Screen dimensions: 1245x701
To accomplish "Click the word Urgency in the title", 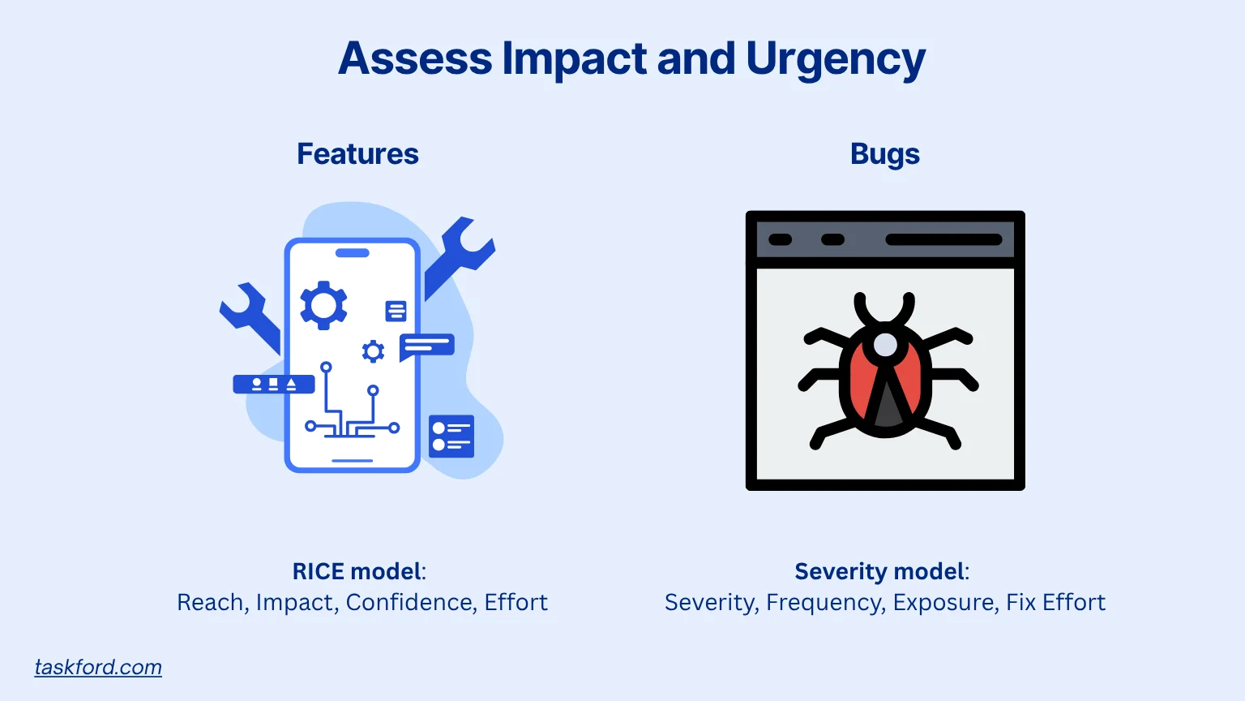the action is pyautogui.click(x=836, y=60).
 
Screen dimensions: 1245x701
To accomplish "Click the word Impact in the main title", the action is pyautogui.click(x=574, y=60).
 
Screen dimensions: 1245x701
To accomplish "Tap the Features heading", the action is pyautogui.click(x=357, y=153).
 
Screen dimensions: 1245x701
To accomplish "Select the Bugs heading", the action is pyautogui.click(x=885, y=155).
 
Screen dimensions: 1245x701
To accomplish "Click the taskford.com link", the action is pyautogui.click(x=98, y=667).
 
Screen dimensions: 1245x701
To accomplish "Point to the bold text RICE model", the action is pyautogui.click(x=357, y=571).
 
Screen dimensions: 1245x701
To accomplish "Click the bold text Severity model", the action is pyautogui.click(x=879, y=571).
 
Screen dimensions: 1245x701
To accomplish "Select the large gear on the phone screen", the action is pyautogui.click(x=323, y=305).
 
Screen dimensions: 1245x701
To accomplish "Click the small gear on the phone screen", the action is pyautogui.click(x=373, y=351).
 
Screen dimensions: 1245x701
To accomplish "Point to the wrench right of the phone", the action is pyautogui.click(x=458, y=255).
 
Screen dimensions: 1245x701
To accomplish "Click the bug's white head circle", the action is pyautogui.click(x=885, y=345).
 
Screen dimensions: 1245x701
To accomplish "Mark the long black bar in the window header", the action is pyautogui.click(x=943, y=240).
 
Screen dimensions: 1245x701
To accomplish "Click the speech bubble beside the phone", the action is pyautogui.click(x=426, y=346).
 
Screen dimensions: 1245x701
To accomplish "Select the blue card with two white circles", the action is pyautogui.click(x=451, y=437).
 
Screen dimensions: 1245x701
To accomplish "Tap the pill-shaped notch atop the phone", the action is pyautogui.click(x=353, y=253).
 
